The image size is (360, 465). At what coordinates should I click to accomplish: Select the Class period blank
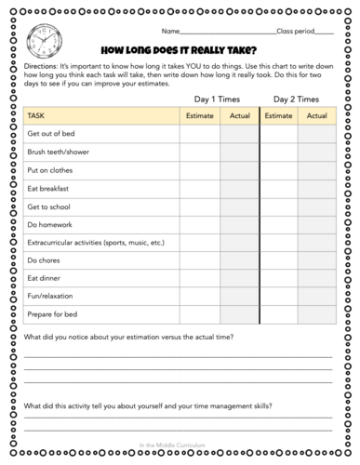tap(324, 31)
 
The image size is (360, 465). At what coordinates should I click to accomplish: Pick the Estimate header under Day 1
tap(200, 116)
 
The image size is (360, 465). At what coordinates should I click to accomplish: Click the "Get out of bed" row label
tap(55, 135)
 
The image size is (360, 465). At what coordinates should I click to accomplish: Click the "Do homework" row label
tap(53, 224)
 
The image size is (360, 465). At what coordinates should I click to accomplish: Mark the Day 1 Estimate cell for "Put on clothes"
tap(200, 170)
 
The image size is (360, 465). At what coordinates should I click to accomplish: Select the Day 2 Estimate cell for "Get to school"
tap(279, 206)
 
